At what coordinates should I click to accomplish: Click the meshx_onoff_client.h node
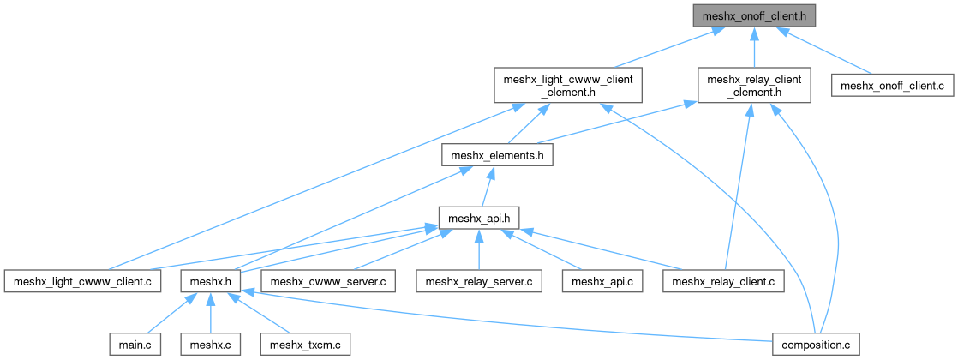click(752, 15)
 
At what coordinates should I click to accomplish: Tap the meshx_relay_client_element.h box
click(753, 86)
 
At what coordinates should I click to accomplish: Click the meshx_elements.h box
click(497, 155)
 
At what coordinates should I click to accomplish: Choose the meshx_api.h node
click(478, 218)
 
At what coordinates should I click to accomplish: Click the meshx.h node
click(211, 281)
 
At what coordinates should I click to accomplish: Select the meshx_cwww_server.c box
click(329, 281)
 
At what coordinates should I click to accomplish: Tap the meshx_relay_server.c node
click(479, 281)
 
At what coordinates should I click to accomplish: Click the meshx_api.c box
click(603, 281)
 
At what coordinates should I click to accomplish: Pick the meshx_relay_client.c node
click(724, 281)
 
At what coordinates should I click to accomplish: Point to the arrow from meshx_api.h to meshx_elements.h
click(488, 186)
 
